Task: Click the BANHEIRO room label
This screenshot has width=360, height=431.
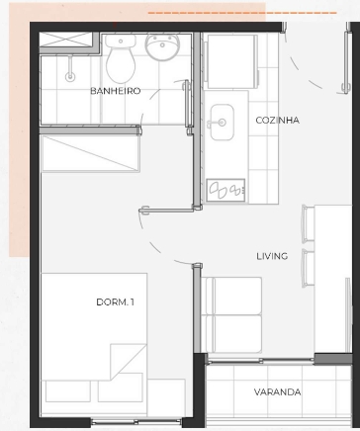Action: point(116,91)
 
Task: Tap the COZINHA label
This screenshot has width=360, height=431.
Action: point(278,121)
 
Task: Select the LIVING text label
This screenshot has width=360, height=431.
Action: point(272,256)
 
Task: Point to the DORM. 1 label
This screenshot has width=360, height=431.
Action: point(116,302)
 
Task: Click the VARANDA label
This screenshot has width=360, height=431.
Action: point(277,392)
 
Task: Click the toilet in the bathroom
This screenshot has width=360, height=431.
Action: point(121,58)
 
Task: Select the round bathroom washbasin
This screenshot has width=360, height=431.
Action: point(162,47)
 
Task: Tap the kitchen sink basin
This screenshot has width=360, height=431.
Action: point(223,123)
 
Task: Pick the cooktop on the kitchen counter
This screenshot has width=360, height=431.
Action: point(225,190)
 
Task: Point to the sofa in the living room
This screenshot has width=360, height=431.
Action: point(231,315)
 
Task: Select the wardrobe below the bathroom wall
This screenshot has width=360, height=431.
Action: point(90,153)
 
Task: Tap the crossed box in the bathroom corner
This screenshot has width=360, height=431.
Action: point(66,40)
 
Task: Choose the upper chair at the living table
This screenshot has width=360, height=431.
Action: point(309,223)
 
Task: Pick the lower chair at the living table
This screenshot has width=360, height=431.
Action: point(309,268)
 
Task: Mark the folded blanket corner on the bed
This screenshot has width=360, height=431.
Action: point(128,362)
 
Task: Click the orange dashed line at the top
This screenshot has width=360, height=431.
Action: point(242,13)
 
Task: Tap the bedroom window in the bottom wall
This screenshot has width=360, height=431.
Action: point(136,421)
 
